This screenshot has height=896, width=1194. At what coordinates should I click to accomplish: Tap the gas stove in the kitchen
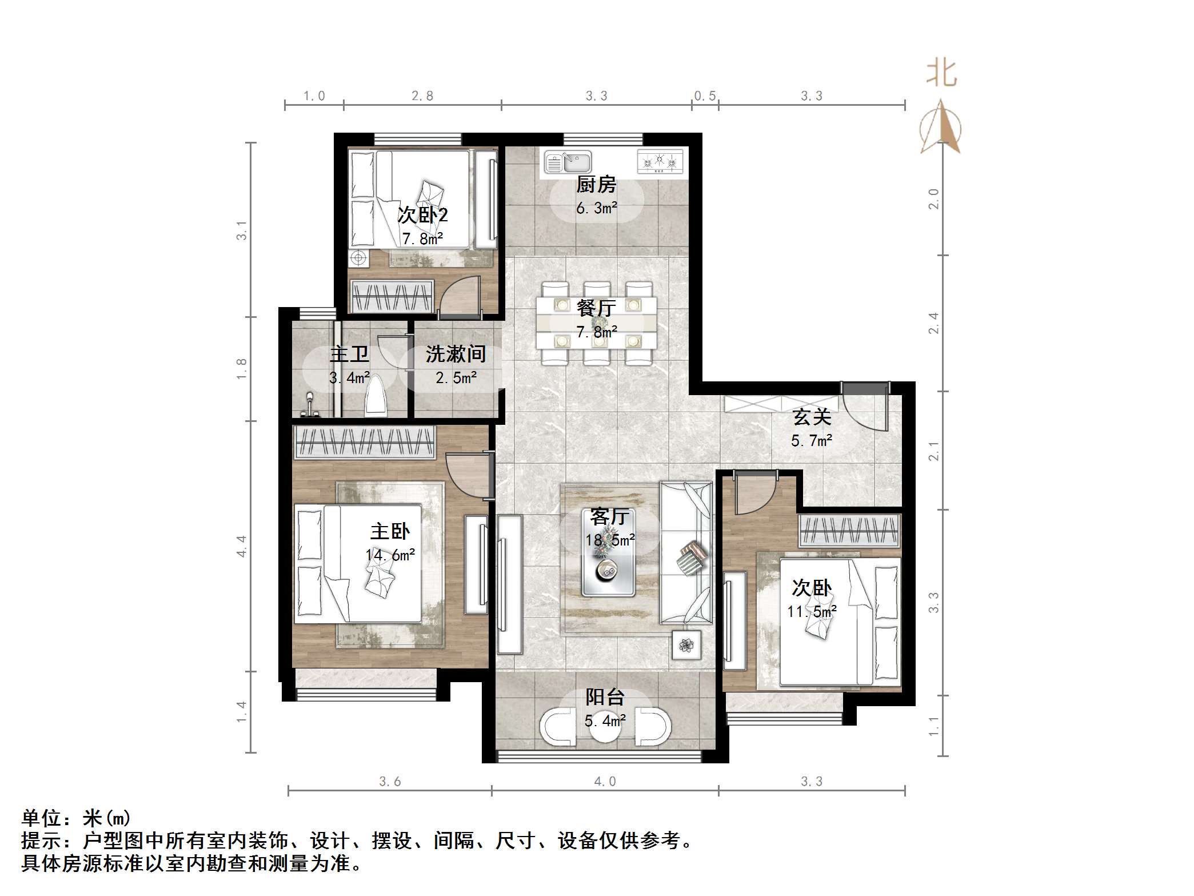tap(660, 161)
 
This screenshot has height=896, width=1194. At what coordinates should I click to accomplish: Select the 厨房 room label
tap(596, 185)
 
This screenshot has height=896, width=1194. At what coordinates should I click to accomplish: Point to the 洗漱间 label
tap(456, 355)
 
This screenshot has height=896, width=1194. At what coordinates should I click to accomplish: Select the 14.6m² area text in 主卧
tap(390, 555)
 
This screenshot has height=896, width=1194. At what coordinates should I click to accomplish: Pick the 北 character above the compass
tap(941, 74)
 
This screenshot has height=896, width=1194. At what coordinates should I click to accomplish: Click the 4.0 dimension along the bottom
tap(605, 782)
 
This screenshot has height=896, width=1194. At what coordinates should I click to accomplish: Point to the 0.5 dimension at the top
tap(705, 96)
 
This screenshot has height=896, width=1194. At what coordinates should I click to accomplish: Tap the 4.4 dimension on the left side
tap(242, 546)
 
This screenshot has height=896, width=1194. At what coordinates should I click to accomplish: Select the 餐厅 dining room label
tap(596, 309)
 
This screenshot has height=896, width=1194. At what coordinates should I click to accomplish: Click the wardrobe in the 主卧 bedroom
tap(364, 443)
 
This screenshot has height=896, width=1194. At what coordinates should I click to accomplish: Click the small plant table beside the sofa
tap(686, 645)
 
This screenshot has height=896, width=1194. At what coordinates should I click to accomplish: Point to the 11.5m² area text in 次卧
tap(812, 612)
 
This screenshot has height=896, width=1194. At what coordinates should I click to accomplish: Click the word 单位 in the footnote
tap(41, 818)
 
